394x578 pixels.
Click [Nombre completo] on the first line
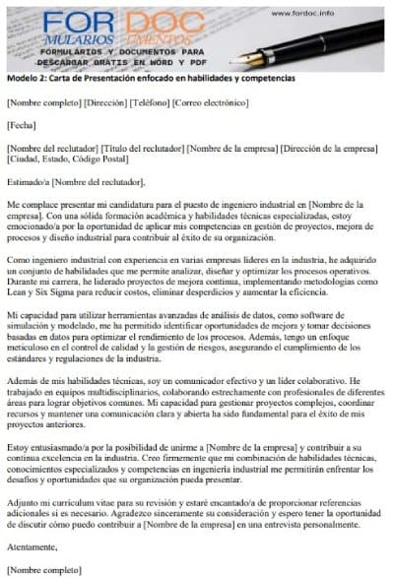tap(43, 101)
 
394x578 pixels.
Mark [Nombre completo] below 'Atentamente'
tap(43, 569)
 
